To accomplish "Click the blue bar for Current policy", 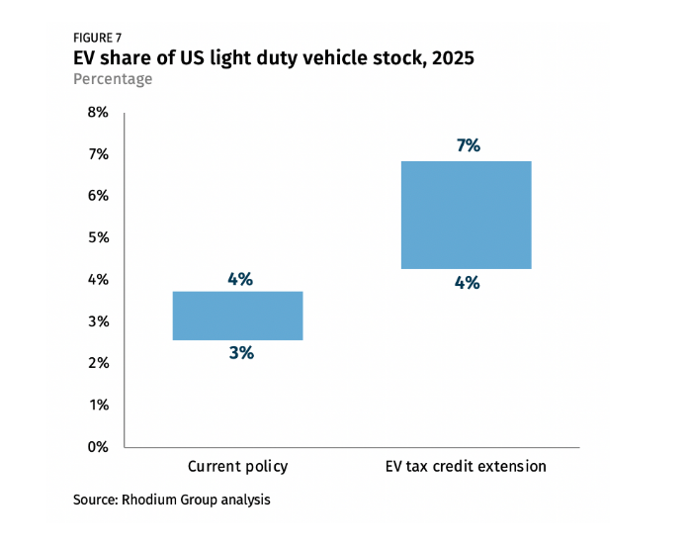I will tap(237, 316).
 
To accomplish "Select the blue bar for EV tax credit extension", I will tap(467, 215).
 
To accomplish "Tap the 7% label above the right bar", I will tap(468, 145).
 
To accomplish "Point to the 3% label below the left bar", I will tap(240, 352).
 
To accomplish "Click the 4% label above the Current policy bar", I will tap(240, 279).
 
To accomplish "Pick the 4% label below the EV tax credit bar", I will tap(468, 283).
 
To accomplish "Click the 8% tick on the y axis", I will tap(98, 113).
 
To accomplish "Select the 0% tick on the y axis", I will tap(98, 447).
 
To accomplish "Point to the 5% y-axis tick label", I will tap(98, 238).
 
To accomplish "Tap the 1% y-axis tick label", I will tap(98, 406).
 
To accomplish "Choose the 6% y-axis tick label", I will tap(98, 196).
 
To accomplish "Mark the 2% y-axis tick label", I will tap(98, 363).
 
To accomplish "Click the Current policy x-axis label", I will tap(237, 466).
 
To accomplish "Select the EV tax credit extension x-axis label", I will tap(467, 466).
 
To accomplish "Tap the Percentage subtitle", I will tap(113, 79).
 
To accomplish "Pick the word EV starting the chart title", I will tap(86, 58).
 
